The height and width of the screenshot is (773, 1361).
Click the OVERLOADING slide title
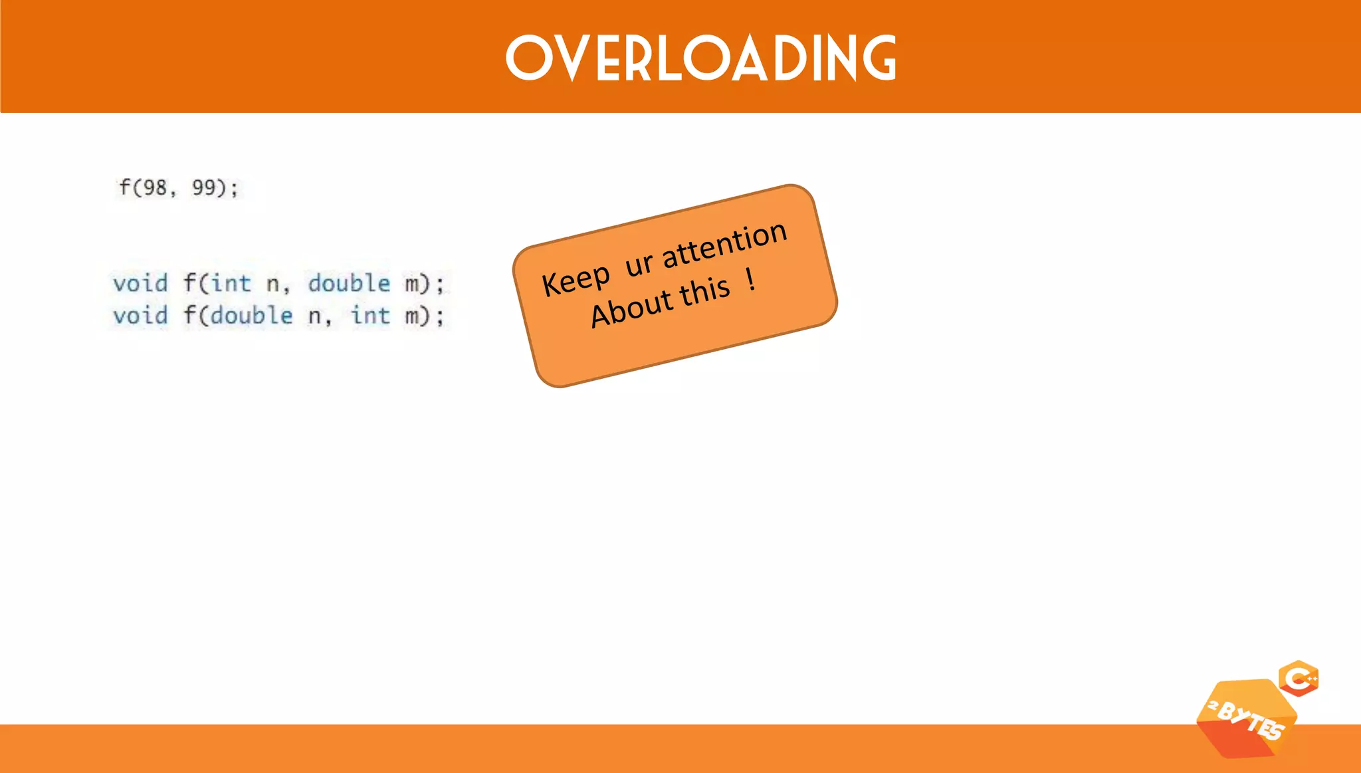pyautogui.click(x=701, y=58)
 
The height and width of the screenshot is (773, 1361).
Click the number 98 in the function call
pyautogui.click(x=155, y=188)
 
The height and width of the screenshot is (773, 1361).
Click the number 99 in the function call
pyautogui.click(x=203, y=188)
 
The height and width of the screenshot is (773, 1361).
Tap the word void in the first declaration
pyautogui.click(x=140, y=284)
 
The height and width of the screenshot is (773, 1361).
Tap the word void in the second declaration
pyautogui.click(x=140, y=316)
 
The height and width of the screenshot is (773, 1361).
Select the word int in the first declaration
pyautogui.click(x=231, y=284)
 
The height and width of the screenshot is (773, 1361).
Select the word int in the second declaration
pyautogui.click(x=370, y=316)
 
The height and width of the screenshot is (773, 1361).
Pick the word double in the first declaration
pyautogui.click(x=349, y=284)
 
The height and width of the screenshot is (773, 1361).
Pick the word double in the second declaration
pyautogui.click(x=251, y=316)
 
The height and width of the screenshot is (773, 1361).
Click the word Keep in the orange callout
pyautogui.click(x=576, y=280)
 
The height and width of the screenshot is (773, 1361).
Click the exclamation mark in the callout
pyautogui.click(x=751, y=279)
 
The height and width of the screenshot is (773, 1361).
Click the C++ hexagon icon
pyautogui.click(x=1299, y=679)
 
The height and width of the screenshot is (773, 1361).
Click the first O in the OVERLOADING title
pyautogui.click(x=529, y=58)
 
